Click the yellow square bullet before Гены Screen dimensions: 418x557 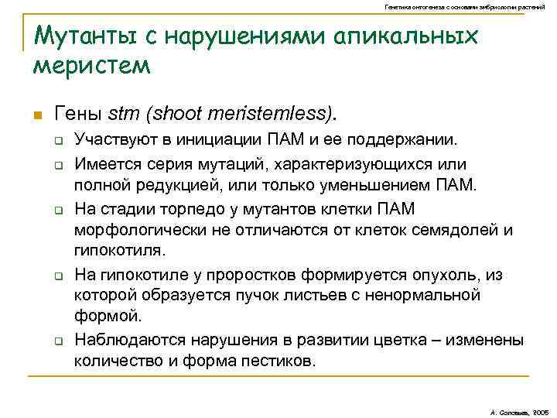point(36,116)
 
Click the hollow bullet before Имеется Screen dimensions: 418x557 point(59,164)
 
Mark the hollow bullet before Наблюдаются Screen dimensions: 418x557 point(59,340)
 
